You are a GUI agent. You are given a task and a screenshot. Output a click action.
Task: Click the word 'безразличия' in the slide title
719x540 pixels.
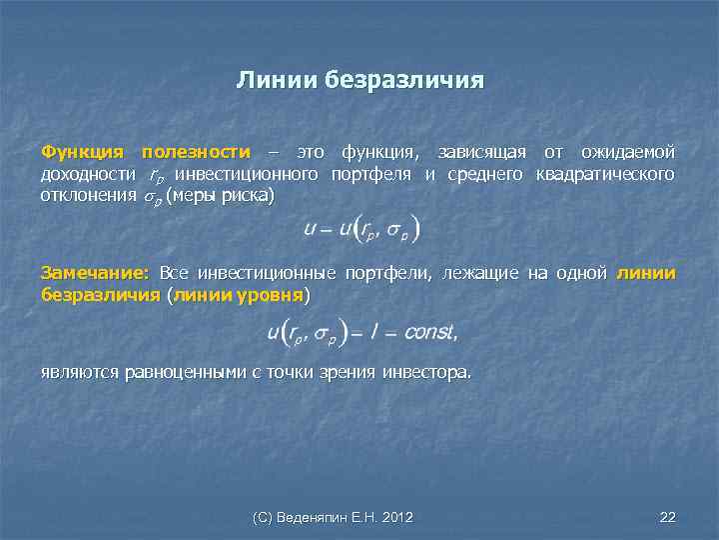coord(403,79)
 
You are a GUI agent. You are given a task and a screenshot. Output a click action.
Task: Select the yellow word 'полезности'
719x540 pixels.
coord(196,152)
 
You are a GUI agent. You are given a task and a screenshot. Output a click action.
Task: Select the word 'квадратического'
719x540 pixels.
coord(605,175)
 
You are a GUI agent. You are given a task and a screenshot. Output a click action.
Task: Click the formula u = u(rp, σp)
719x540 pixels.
coord(359,229)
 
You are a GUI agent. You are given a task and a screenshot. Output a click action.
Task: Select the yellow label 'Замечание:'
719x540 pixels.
coord(95,273)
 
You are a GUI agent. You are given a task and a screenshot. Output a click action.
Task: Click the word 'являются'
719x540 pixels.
coord(77,373)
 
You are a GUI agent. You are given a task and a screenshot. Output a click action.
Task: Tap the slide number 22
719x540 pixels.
coord(668,517)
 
